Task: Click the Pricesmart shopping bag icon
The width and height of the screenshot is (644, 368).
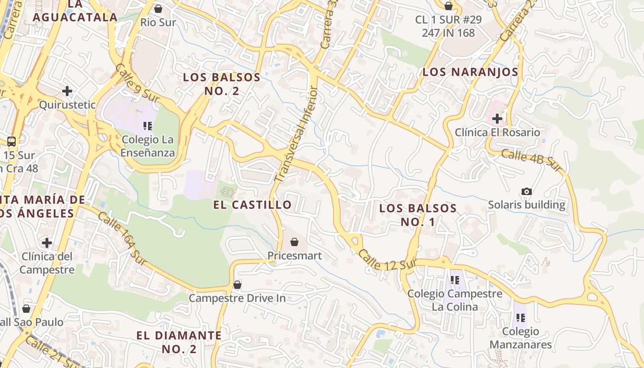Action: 294,242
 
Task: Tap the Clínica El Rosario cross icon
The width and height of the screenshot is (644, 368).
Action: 497,119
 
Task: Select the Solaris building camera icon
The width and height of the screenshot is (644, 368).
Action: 527,191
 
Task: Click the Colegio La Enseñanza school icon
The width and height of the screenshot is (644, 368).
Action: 147,126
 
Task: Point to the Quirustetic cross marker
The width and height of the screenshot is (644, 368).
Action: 67,91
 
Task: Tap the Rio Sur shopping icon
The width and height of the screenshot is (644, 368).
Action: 158,9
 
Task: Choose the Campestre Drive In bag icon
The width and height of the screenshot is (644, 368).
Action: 237,285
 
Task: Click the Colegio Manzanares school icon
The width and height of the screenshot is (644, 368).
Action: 521,317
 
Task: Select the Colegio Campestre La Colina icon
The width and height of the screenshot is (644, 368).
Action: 455,280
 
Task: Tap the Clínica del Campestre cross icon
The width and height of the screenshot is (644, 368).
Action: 46,242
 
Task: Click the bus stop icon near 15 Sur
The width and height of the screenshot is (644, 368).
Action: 11,142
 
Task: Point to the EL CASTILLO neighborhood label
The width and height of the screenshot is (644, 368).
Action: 253,205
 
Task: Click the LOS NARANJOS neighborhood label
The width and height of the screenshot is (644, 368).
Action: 470,72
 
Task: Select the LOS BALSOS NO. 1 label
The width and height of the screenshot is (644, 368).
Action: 418,215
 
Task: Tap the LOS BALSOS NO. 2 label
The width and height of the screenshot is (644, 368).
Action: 222,84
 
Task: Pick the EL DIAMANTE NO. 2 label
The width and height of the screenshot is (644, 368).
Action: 179,342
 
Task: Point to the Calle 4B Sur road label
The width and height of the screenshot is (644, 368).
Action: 532,161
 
